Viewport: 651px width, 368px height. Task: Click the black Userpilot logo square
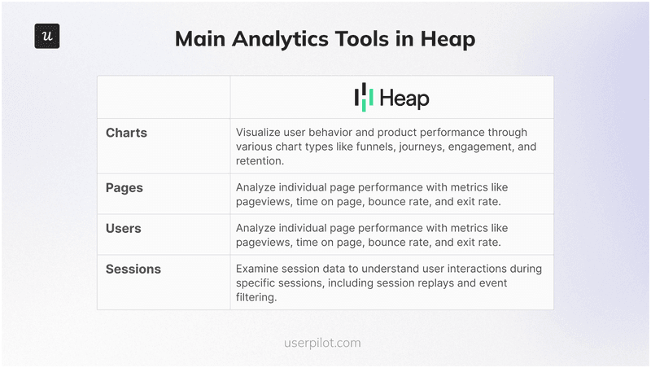click(x=47, y=37)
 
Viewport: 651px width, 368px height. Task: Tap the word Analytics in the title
click(x=288, y=39)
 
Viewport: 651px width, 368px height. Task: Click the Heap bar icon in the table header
click(x=364, y=97)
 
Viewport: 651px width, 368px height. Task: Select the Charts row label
click(x=126, y=132)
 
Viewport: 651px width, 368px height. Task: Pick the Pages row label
click(x=125, y=187)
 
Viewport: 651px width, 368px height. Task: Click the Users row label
click(x=124, y=228)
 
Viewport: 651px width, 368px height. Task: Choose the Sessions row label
click(x=133, y=269)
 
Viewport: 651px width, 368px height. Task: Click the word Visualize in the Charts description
click(x=260, y=132)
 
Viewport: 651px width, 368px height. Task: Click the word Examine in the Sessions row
click(x=259, y=269)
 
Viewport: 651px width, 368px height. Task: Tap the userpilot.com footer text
click(x=325, y=343)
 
